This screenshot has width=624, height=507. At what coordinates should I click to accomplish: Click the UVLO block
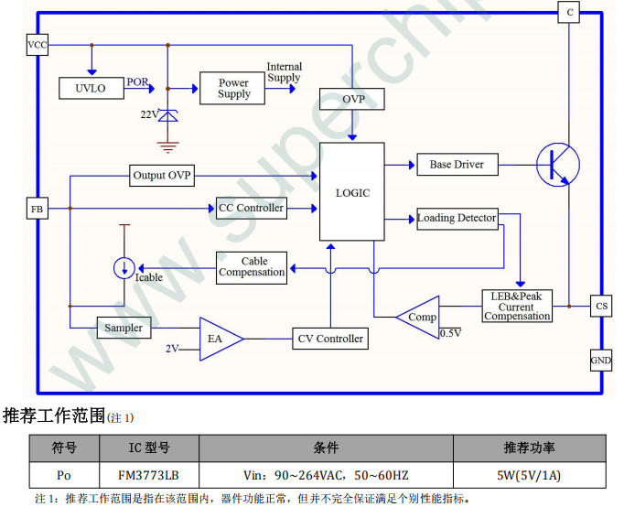point(91,88)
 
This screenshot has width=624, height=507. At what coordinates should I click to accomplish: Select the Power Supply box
point(233,88)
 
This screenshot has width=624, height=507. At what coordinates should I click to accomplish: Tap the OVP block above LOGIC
point(352,99)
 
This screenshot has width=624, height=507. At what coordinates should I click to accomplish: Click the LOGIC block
point(352,192)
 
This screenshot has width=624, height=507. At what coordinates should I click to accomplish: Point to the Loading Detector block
point(457,218)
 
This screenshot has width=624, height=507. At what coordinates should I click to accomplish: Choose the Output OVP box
point(162,175)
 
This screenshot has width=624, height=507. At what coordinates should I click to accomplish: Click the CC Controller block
point(251,208)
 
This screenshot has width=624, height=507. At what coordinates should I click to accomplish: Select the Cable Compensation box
point(252,266)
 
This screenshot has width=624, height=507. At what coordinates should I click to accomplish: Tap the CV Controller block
point(330,339)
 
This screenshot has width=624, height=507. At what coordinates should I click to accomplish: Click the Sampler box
point(124,328)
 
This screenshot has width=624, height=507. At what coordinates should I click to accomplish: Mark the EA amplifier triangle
point(218,339)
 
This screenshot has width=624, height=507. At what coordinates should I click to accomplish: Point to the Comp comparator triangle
point(420,317)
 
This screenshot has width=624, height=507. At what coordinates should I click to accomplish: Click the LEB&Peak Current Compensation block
point(518,306)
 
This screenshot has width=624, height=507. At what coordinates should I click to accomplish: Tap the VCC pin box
point(37,45)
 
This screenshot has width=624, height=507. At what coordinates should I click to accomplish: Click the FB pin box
point(37,210)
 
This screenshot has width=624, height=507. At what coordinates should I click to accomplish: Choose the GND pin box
point(600,361)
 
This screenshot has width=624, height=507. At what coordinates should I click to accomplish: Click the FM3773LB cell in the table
point(148,475)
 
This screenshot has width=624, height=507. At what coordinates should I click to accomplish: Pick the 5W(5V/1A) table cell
point(528,475)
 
